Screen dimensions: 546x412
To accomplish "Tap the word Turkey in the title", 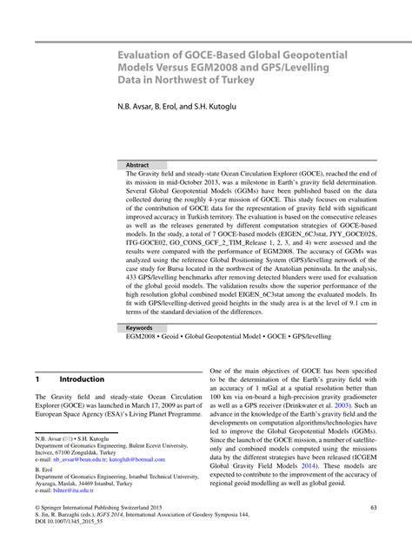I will pos(233,80).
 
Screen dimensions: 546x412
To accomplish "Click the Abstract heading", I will pos(137,165).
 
